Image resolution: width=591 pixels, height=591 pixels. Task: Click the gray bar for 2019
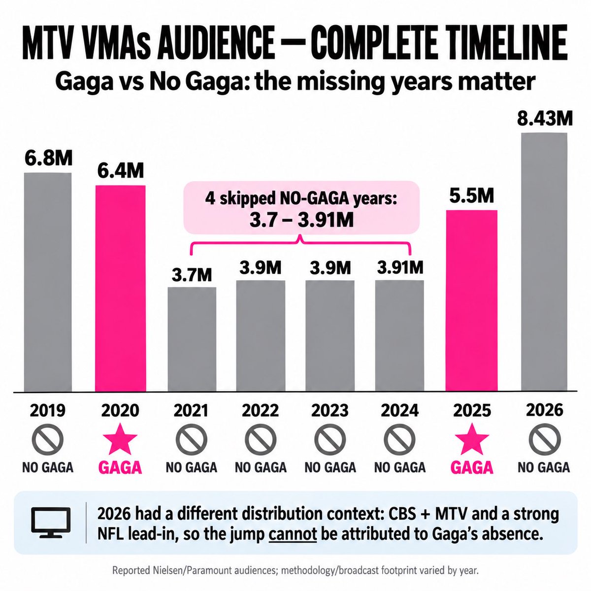pos(48,282)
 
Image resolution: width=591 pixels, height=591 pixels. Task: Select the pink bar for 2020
pos(120,289)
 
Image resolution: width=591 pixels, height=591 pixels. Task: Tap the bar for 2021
pos(192,339)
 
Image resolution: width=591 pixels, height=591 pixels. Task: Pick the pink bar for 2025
pos(471,301)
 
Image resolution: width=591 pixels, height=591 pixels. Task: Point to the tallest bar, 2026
pos(544,262)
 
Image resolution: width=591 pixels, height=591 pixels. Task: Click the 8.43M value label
pos(545,119)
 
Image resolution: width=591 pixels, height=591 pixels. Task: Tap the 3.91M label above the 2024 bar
pos(400,267)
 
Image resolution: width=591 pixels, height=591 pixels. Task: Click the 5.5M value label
pos(472,196)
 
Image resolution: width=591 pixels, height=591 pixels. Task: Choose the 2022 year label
pos(261,410)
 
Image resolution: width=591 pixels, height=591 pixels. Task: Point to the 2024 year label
pos(399,410)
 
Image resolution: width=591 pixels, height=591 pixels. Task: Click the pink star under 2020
pos(120,439)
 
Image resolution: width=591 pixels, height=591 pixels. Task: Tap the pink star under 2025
pos(472,439)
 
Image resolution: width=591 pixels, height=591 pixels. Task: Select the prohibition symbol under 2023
pos(330,439)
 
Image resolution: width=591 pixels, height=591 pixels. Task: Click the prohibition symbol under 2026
pos(544,439)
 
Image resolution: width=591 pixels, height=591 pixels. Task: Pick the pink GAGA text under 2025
pos(472,468)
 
